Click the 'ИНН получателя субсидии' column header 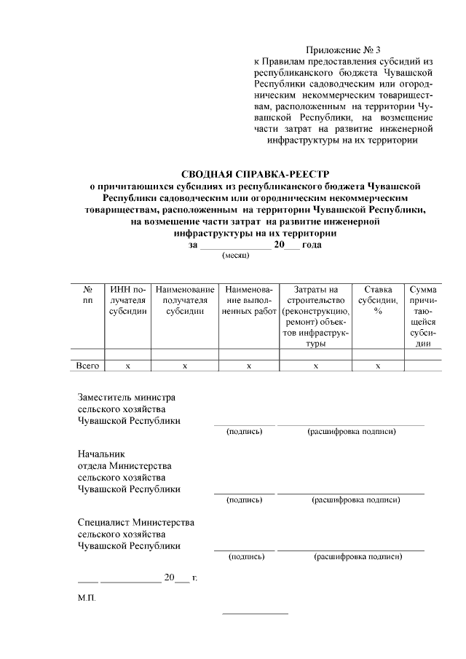(x=127, y=300)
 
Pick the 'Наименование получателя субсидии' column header (x=184, y=300)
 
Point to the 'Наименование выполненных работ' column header (x=248, y=300)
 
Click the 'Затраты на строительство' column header (x=315, y=317)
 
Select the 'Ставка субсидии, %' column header (x=378, y=300)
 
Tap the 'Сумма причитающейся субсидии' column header (x=423, y=317)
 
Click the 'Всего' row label (x=88, y=366)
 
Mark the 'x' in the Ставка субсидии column (x=378, y=366)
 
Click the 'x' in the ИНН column (x=127, y=366)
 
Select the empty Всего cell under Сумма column (x=423, y=366)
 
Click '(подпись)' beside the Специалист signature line (x=246, y=557)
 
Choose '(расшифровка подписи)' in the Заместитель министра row (x=352, y=432)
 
